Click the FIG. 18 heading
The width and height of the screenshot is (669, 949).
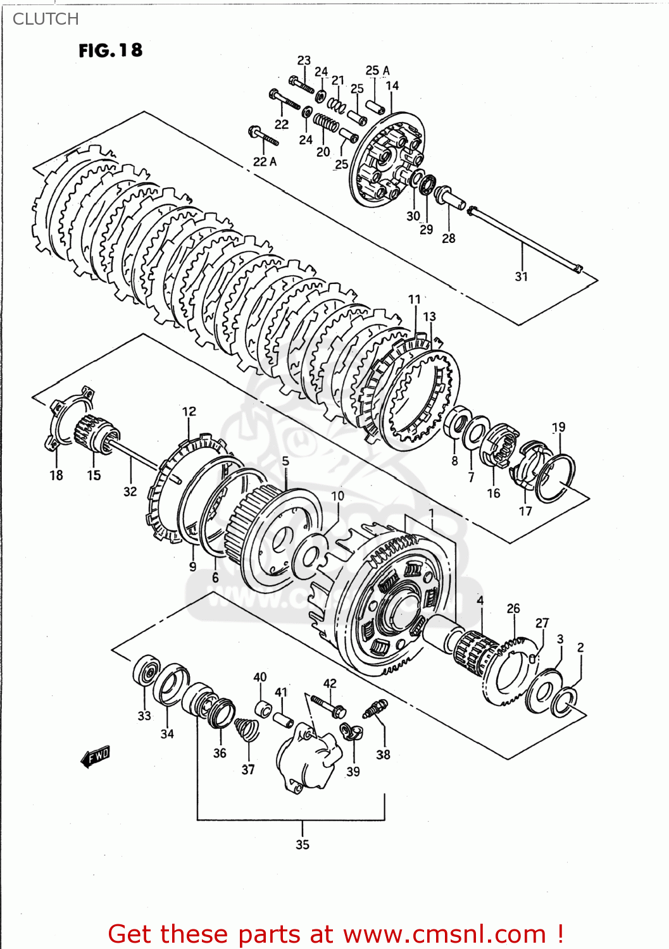pos(110,51)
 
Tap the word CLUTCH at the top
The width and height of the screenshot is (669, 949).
pos(46,19)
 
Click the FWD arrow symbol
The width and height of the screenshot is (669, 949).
pos(96,755)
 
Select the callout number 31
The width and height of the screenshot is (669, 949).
pos(521,276)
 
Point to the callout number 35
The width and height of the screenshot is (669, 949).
pos(303,844)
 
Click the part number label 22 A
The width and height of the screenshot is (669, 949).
pos(265,161)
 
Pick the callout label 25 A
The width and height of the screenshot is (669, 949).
pos(377,70)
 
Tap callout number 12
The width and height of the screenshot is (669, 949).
pos(189,411)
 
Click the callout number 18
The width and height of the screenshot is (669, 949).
pos(56,475)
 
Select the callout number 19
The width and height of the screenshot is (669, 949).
pos(558,427)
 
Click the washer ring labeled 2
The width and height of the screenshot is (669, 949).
pos(564,701)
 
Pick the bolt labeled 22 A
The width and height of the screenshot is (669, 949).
pos(264,136)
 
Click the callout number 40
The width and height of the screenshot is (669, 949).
pos(260,677)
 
